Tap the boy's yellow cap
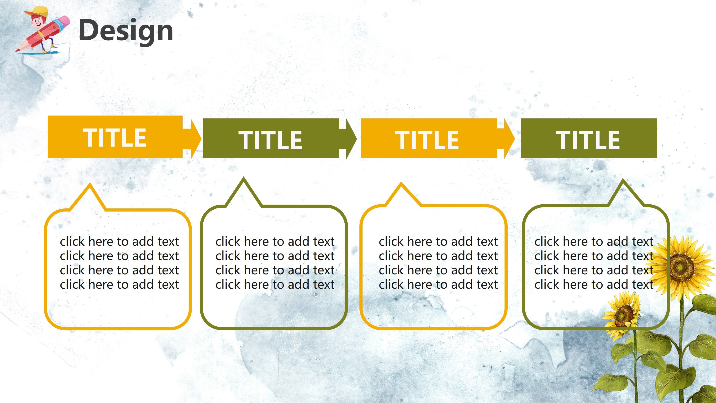pos(37,11)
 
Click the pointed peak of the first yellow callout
pos(89,186)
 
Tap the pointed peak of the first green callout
pos(243,179)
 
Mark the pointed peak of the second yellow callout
pos(401,185)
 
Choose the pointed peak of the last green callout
pos(623,181)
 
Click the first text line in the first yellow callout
pos(119,241)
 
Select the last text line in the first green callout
pos(275,285)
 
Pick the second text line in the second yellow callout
pos(438,256)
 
